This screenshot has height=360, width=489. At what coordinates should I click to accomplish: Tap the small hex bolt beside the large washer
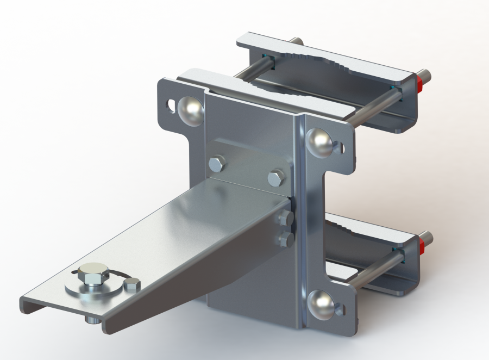[x=132, y=284]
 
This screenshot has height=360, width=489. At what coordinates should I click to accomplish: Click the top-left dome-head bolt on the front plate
[x=191, y=109]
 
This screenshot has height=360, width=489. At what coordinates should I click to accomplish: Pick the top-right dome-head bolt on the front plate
[x=320, y=141]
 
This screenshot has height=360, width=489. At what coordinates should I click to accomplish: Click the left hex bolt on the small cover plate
[x=217, y=163]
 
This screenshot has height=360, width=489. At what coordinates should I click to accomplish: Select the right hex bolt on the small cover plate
[x=276, y=177]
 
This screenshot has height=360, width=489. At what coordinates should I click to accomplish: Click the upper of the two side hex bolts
[x=285, y=219]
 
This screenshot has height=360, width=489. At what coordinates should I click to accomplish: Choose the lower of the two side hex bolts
[x=286, y=239]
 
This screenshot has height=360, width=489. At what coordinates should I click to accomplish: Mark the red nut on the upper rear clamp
[x=420, y=82]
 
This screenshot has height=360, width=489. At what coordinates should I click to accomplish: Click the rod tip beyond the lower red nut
[x=428, y=238]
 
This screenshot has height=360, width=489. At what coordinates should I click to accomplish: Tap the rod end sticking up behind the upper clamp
[x=296, y=41]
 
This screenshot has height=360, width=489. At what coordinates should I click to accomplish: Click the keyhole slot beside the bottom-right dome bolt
[x=338, y=310]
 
